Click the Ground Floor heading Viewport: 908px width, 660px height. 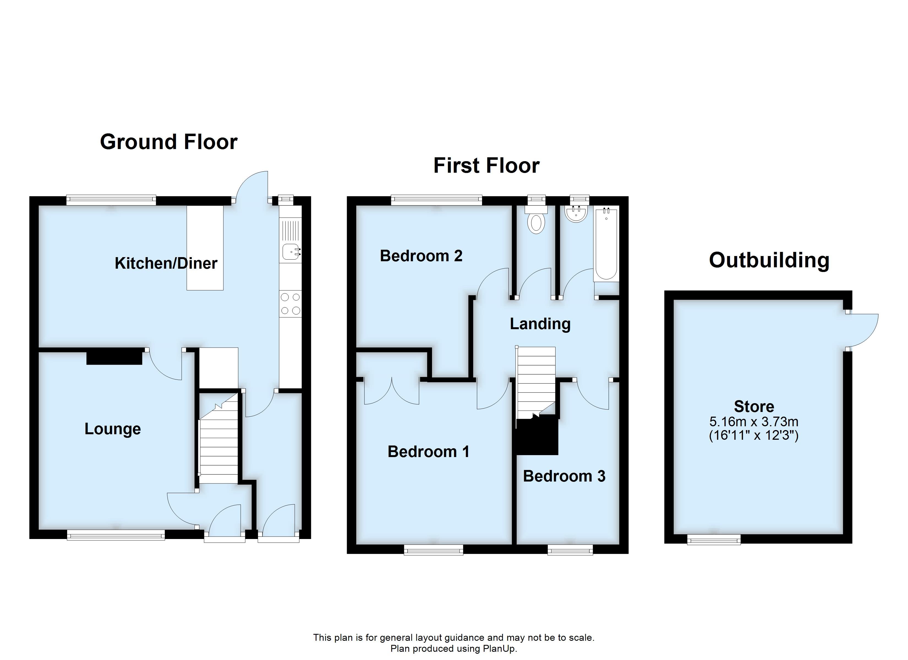(x=169, y=142)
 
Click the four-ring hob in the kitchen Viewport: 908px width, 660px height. (x=290, y=304)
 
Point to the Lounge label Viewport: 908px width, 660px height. (x=113, y=429)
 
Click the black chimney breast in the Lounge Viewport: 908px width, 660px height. (x=114, y=356)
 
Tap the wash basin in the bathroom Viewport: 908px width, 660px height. (x=576, y=213)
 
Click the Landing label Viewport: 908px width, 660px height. (x=540, y=324)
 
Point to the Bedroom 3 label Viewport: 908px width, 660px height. (x=564, y=476)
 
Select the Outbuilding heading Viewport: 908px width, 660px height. (x=769, y=260)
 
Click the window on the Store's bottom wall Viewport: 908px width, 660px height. (x=714, y=540)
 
